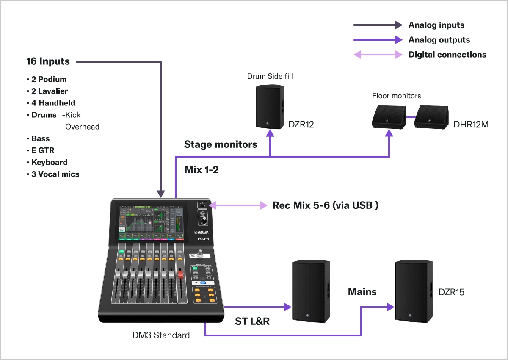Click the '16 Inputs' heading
point(48,61)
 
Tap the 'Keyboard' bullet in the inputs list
point(49,162)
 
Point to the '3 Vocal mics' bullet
point(55,174)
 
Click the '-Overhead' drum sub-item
point(80,127)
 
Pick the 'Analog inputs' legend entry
point(436,25)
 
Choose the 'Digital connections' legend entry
point(447,55)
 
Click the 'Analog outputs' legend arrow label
point(439,40)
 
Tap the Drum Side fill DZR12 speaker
point(270,106)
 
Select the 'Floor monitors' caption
point(396,96)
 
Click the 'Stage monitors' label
point(221,144)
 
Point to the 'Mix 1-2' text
point(202,170)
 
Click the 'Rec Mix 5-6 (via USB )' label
point(325,205)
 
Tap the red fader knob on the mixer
point(180,275)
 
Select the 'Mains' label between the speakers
point(362,291)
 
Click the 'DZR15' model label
point(451,292)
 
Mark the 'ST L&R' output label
point(252,321)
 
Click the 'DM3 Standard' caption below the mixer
point(161,335)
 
